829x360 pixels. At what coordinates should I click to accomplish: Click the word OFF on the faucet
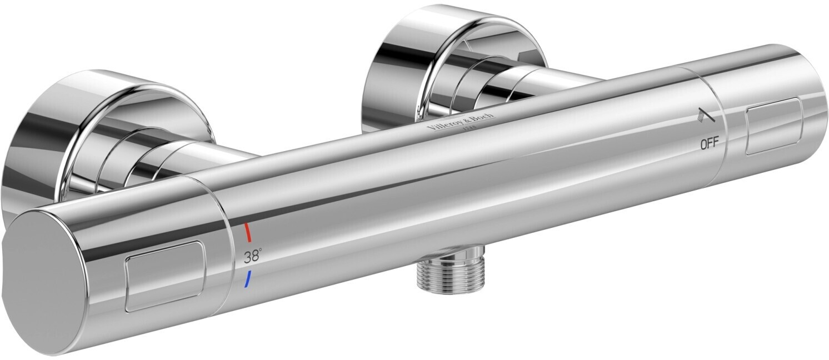[x=710, y=143]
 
